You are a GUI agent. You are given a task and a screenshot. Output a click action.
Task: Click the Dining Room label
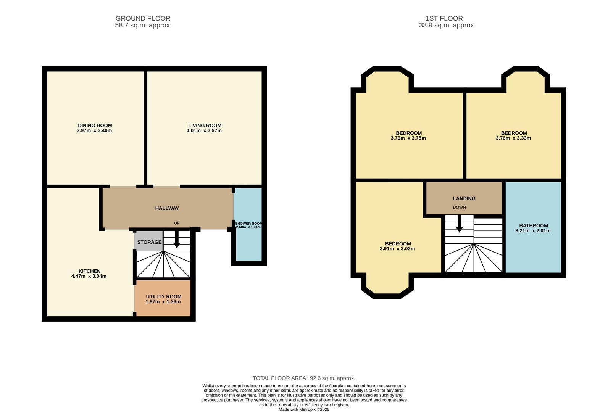[95, 126]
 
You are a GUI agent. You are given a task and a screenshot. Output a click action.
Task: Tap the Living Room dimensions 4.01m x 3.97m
[205, 131]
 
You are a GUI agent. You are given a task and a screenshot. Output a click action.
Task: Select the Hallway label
[167, 208]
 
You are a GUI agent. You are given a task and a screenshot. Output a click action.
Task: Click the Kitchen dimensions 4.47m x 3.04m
[89, 276]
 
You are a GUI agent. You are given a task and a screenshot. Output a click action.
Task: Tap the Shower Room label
[248, 224]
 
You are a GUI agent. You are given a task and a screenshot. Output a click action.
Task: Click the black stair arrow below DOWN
[460, 224]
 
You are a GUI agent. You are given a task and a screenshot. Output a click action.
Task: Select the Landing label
[464, 198]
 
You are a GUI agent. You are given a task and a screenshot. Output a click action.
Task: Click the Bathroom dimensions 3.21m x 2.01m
[533, 231]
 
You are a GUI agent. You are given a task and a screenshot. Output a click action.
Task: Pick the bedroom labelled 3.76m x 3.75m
[408, 136]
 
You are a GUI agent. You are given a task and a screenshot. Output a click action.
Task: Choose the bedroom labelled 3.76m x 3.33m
[513, 136]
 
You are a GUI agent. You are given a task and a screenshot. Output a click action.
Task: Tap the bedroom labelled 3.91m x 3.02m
[397, 246]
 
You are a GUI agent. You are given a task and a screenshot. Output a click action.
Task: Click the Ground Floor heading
[143, 18]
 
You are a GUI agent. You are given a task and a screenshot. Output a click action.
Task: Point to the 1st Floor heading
[444, 18]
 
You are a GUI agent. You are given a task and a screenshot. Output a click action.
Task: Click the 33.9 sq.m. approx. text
[447, 26]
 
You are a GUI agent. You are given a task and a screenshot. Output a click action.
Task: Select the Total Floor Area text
[304, 378]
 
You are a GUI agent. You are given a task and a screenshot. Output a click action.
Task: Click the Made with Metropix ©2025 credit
[304, 409]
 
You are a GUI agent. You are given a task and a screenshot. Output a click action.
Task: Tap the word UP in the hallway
[177, 223]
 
